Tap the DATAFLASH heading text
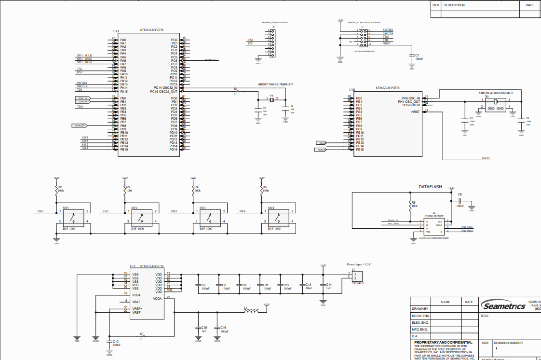(430, 186)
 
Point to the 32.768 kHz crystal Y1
(271, 99)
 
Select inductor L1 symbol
(251, 311)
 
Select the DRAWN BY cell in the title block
(420, 308)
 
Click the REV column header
(436, 5)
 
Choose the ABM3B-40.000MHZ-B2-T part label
(495, 92)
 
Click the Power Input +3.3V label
(362, 264)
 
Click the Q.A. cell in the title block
(415, 336)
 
